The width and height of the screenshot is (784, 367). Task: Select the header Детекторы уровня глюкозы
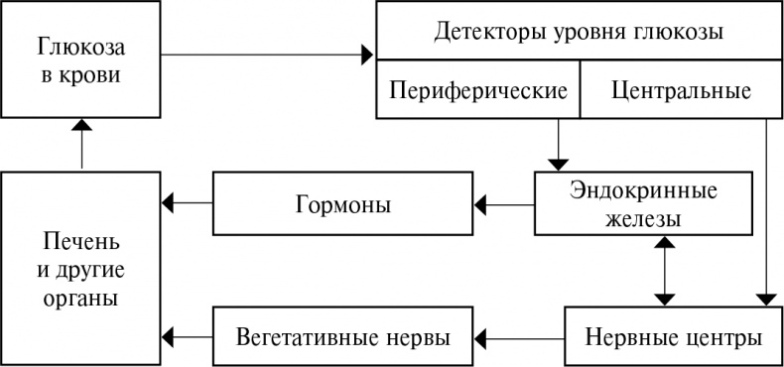click(579, 32)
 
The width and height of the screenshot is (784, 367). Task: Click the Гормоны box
click(341, 205)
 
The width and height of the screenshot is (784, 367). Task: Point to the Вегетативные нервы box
click(343, 336)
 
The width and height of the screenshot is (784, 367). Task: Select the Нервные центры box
click(671, 336)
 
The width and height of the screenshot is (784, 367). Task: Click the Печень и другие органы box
click(81, 269)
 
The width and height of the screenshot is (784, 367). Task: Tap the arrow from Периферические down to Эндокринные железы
click(558, 143)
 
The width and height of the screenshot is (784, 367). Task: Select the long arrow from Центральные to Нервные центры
click(767, 208)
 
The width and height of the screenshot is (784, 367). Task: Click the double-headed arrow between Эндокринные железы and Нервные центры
click(663, 271)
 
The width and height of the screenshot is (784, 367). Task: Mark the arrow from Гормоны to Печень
click(188, 203)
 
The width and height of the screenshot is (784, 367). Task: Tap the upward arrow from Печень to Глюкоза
click(82, 144)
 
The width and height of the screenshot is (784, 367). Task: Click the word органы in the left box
click(82, 298)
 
